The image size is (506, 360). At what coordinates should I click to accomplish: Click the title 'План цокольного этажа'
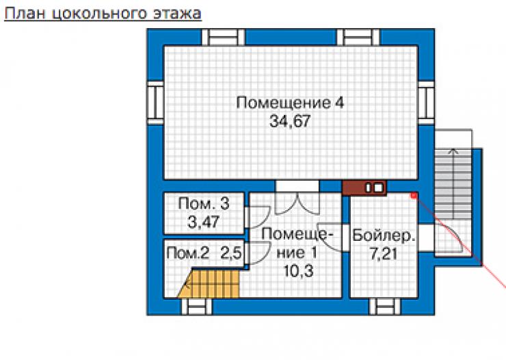point(103,14)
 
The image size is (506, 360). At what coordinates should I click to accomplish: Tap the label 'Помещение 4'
point(290,103)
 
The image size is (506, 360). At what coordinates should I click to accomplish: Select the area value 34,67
point(290,122)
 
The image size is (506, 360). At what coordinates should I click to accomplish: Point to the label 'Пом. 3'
point(204,204)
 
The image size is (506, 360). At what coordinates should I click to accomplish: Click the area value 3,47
point(204,222)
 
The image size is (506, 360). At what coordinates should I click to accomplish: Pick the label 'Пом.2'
point(187,253)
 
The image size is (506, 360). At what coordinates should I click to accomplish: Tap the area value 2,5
point(230,253)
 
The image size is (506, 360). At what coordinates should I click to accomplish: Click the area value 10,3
point(299,271)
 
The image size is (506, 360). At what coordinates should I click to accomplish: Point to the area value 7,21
point(384,254)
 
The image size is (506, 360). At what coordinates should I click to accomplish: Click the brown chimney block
point(364,188)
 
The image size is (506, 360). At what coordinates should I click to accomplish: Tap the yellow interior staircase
point(210,283)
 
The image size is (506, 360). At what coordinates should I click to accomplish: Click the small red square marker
point(414,195)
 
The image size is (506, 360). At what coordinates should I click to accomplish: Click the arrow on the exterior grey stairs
point(454,184)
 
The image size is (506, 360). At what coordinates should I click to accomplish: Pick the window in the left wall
point(155,103)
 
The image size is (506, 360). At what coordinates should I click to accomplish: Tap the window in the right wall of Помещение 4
point(426,103)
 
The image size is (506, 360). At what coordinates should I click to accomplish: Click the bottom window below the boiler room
point(385,306)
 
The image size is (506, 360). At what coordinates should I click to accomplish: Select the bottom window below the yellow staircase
point(196,306)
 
